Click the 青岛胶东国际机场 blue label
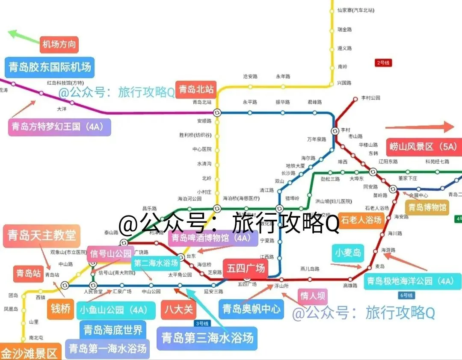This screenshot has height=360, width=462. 50,67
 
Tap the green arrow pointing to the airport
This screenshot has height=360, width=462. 24,36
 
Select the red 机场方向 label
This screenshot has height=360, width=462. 59,44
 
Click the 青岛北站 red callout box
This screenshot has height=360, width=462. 196,89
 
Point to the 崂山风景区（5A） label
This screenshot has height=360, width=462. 423,147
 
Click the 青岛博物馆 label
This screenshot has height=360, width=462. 427,208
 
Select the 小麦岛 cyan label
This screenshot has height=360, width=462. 348,252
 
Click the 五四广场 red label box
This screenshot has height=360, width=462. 246,269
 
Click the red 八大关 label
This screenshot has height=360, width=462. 179,309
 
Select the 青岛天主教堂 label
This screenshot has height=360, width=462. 41,234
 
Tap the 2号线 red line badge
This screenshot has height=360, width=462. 383,63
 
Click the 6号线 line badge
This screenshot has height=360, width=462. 406,295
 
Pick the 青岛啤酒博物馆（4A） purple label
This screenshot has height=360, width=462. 213,238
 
